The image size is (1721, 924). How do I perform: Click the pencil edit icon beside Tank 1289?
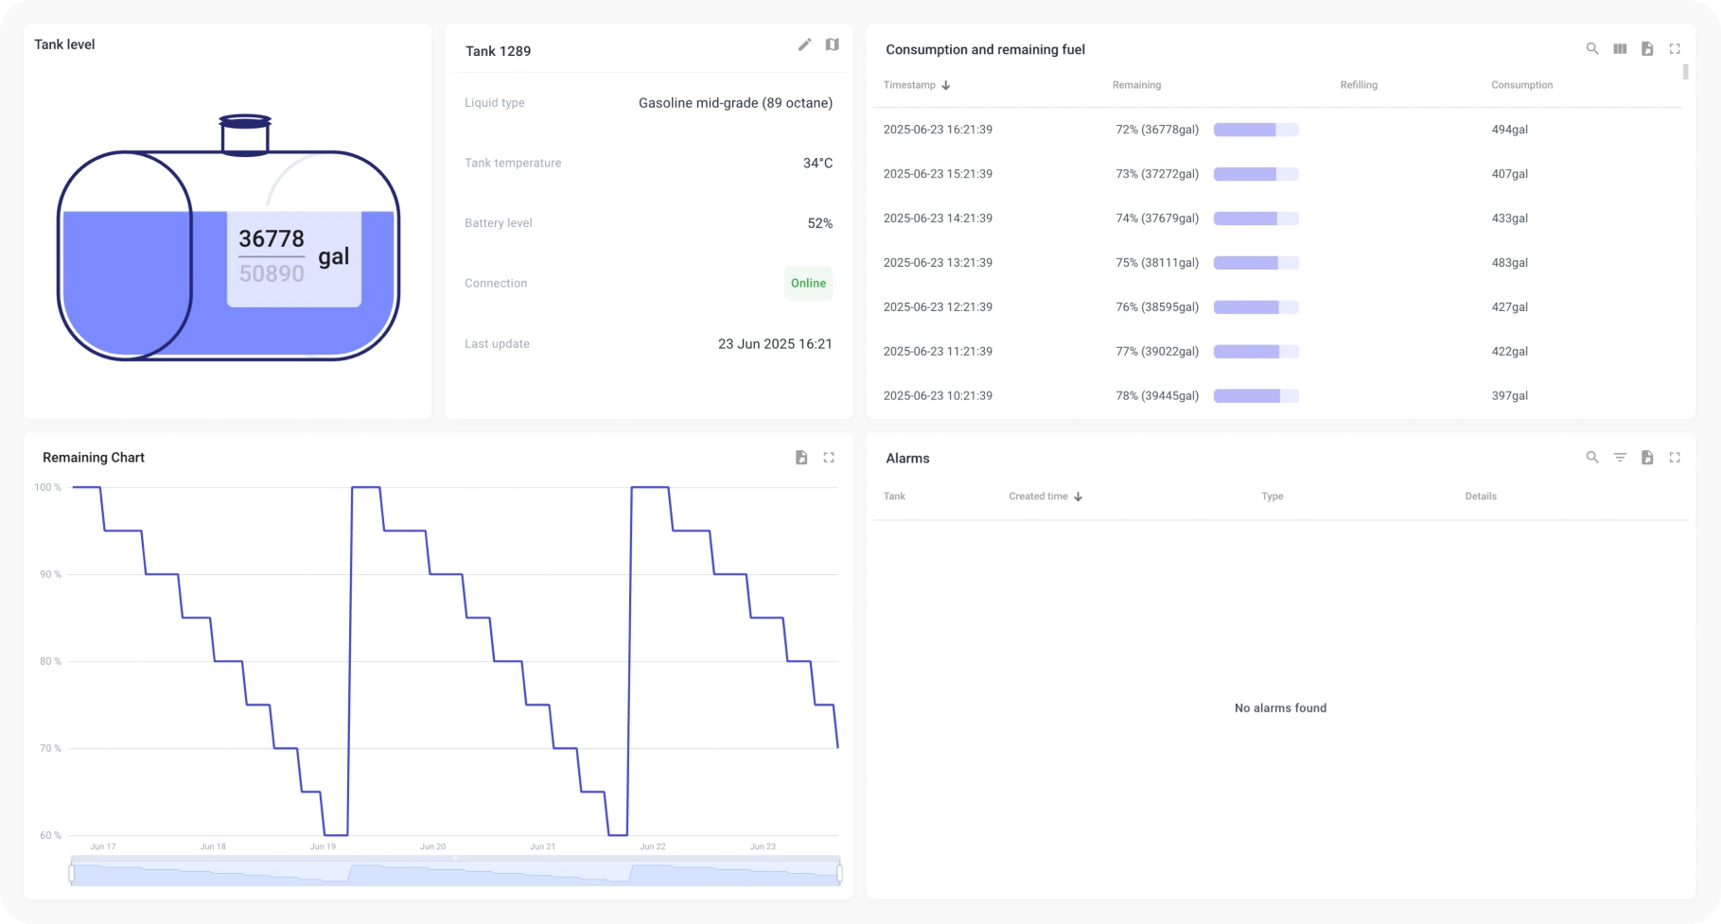click(x=804, y=44)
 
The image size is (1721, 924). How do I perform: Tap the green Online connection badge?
click(x=808, y=284)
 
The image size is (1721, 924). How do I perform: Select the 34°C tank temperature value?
click(x=817, y=164)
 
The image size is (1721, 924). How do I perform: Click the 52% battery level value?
click(x=819, y=223)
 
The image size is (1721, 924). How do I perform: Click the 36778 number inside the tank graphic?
click(x=272, y=238)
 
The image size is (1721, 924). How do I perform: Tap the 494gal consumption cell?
click(x=1509, y=130)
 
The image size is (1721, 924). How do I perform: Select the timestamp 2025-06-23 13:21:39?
click(x=938, y=263)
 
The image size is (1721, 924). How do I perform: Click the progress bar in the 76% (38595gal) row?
click(x=1256, y=307)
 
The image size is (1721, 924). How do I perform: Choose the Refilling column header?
click(x=1359, y=85)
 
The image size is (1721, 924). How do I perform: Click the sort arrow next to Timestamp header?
click(x=945, y=85)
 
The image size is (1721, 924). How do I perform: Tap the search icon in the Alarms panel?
click(x=1592, y=458)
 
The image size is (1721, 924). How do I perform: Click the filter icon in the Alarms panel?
click(x=1620, y=458)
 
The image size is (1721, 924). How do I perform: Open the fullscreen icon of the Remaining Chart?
click(x=829, y=458)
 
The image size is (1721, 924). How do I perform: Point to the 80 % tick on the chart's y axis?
click(x=50, y=661)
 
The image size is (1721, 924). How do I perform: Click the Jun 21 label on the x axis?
click(x=543, y=846)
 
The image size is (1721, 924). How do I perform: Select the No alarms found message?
click(x=1280, y=708)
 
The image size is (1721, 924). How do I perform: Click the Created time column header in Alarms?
click(x=1038, y=497)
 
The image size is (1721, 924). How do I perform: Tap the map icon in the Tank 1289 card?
click(x=832, y=44)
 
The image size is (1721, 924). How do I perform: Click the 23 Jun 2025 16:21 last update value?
click(x=775, y=344)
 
